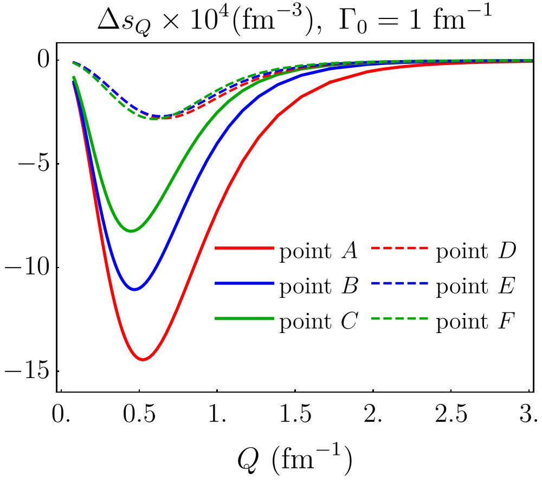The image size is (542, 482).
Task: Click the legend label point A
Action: tap(318, 251)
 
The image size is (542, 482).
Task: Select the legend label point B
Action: tap(318, 286)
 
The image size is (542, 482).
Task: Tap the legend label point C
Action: tap(318, 322)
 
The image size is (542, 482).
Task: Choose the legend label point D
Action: tap(476, 251)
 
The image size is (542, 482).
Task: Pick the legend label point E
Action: tap(476, 286)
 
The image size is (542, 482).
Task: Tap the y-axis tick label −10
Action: tap(27, 268)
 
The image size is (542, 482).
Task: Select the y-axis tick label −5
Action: tap(33, 164)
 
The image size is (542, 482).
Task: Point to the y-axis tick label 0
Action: tap(44, 60)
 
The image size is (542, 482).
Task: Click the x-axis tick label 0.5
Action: tap(139, 414)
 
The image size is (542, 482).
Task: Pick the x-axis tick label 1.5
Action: tap(295, 414)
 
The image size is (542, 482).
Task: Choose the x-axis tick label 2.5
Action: tap(451, 414)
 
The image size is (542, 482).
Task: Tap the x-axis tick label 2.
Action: tap(373, 414)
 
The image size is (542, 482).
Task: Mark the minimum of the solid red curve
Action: tap(143, 360)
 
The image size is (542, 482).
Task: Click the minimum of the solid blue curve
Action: tap(135, 289)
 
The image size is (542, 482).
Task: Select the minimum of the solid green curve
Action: tap(131, 231)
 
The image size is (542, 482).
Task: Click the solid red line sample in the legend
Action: tap(244, 248)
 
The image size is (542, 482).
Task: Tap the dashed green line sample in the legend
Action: tap(399, 318)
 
